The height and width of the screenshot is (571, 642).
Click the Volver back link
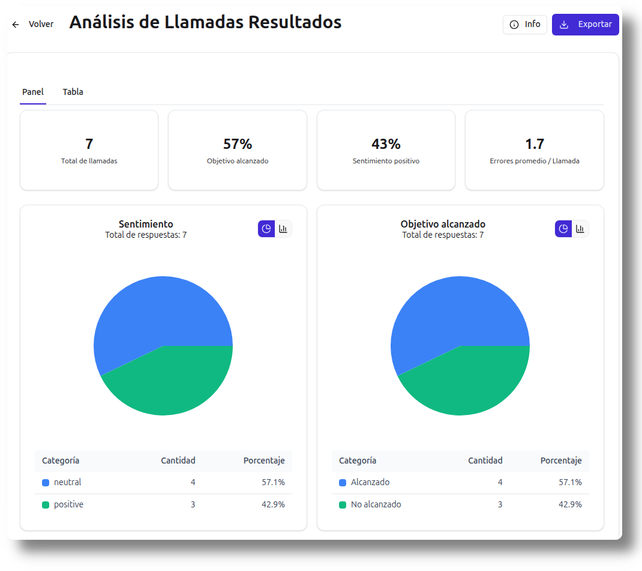(34, 25)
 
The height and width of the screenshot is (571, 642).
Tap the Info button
(524, 25)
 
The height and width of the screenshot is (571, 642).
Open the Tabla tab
(73, 92)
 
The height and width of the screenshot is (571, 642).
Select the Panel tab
(33, 92)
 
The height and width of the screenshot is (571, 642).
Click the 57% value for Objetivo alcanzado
(237, 144)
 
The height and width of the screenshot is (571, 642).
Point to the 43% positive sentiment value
(386, 144)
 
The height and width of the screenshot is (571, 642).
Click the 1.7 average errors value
(534, 144)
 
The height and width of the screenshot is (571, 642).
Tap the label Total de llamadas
(89, 161)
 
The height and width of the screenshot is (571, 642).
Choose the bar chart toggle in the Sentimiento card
(283, 229)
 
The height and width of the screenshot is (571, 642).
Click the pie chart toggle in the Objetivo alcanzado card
(563, 229)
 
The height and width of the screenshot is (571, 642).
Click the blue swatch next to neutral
(46, 482)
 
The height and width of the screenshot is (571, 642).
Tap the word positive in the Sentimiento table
(68, 504)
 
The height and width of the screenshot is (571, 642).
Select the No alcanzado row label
(376, 504)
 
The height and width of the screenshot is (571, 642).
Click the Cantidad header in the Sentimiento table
(178, 461)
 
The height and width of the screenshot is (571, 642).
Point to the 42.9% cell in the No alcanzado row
(570, 504)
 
